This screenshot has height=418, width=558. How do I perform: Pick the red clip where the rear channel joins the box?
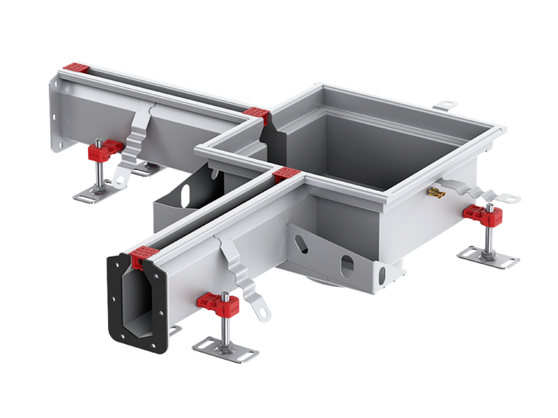click(x=256, y=116)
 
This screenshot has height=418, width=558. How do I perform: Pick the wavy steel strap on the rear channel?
click(x=139, y=132)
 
